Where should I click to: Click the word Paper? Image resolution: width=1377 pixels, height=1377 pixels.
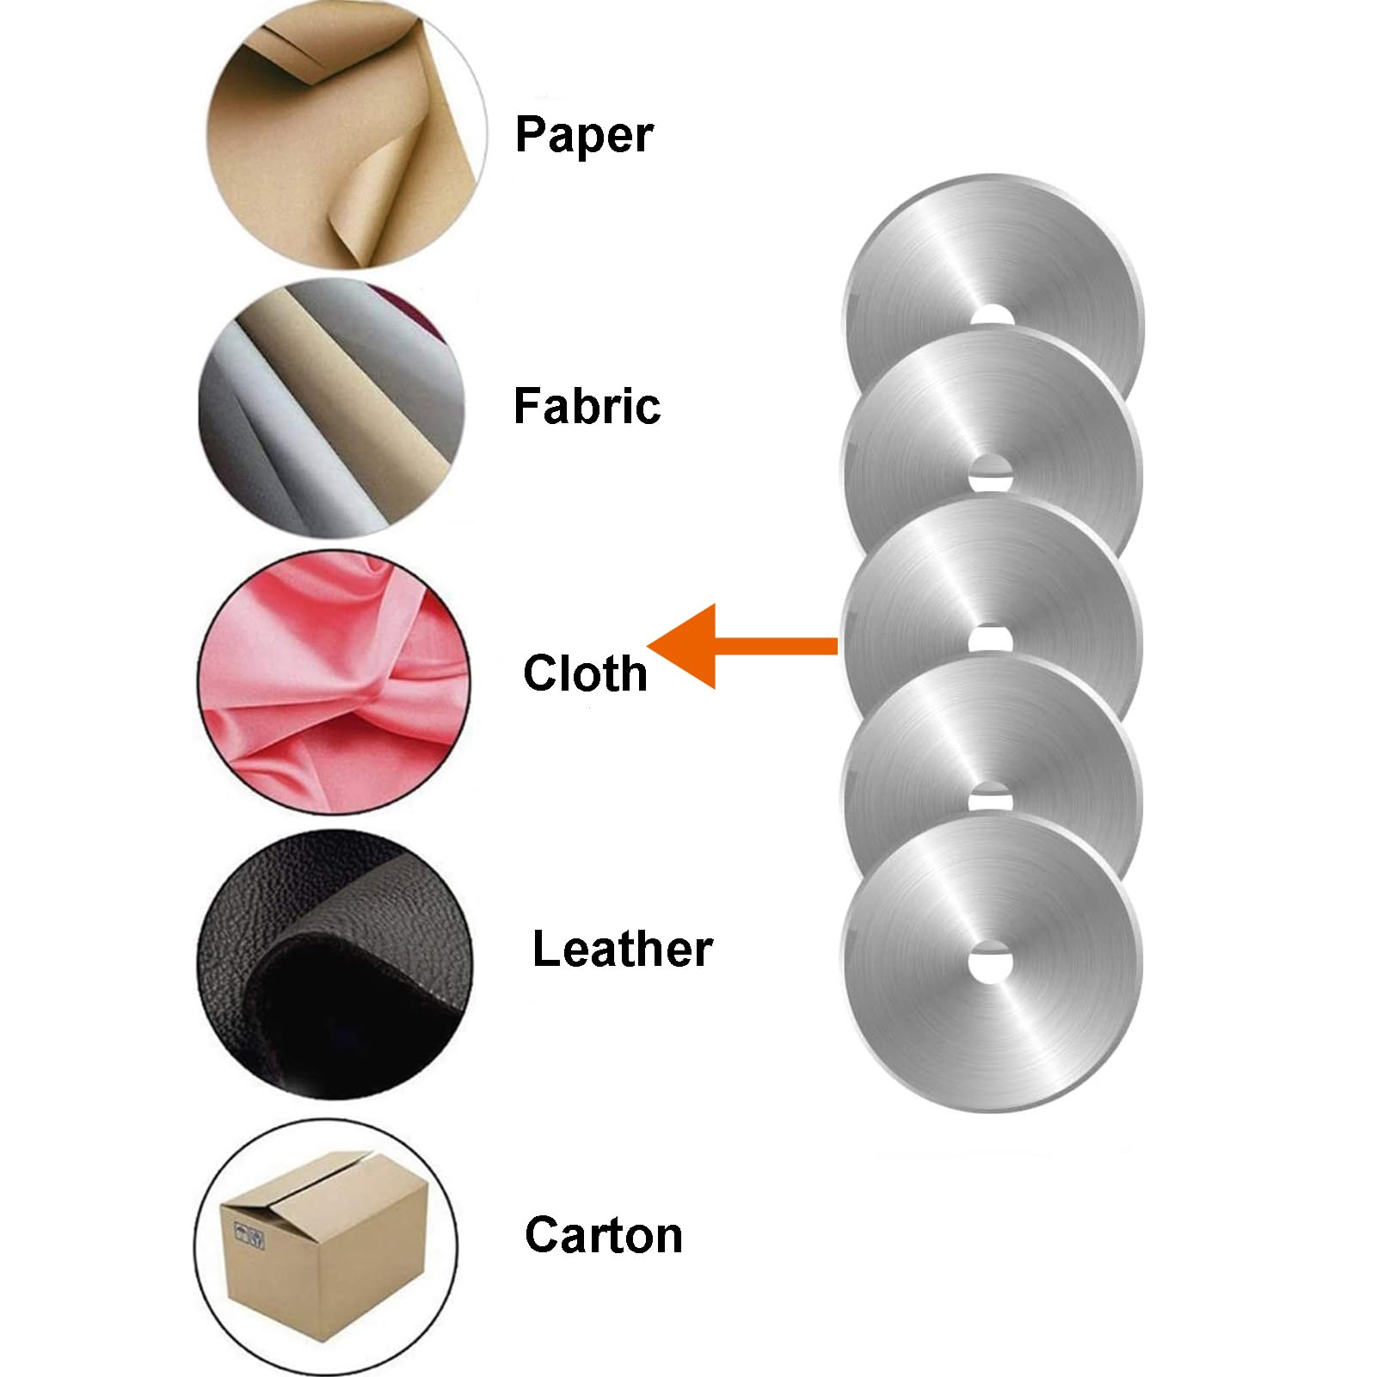pyautogui.click(x=584, y=136)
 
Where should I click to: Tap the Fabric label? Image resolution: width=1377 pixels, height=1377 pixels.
pyautogui.click(x=587, y=406)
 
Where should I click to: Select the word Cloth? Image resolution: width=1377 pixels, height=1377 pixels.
pyautogui.click(x=585, y=672)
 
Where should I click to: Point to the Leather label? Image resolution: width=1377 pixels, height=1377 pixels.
pyautogui.click(x=622, y=949)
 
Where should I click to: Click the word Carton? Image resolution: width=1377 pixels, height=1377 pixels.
pyautogui.click(x=604, y=1235)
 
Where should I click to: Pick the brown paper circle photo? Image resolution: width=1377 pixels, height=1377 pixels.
pyautogui.click(x=347, y=135)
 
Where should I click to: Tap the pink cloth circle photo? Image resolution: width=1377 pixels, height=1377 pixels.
pyautogui.click(x=334, y=681)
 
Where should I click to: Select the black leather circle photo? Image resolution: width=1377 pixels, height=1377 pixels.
pyautogui.click(x=335, y=964)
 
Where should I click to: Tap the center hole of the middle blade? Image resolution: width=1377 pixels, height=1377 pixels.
pyautogui.click(x=991, y=637)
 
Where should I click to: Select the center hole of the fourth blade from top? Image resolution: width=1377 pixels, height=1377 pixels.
pyautogui.click(x=991, y=798)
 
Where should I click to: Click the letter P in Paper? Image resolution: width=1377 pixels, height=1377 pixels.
pyautogui.click(x=531, y=134)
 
